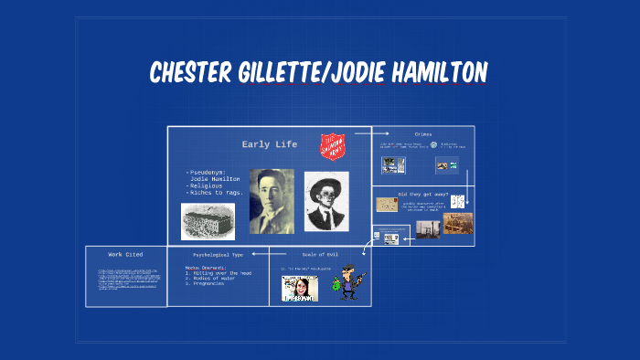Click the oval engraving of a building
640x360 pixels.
pos(208,220)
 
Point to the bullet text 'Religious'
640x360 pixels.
pos(208,185)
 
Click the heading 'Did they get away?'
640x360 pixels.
pos(422,194)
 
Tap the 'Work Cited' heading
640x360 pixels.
pos(126,254)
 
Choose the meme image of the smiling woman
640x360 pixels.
pos(299,289)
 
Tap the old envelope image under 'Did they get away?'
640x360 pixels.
pos(386,206)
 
